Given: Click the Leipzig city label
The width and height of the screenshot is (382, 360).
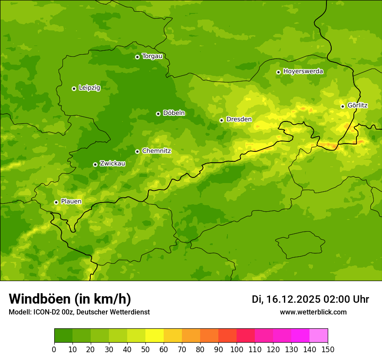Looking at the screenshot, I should (x=89, y=88).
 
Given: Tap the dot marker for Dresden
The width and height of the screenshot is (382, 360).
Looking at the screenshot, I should (x=221, y=120).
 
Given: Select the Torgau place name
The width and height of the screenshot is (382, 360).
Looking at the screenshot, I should (x=152, y=56).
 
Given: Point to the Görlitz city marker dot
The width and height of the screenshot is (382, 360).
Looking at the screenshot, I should (x=342, y=106).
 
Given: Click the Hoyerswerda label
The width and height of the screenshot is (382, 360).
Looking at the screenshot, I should (x=303, y=72).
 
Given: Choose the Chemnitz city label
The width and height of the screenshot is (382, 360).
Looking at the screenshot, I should (x=157, y=151).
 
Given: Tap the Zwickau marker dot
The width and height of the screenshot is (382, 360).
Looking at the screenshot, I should (x=95, y=164).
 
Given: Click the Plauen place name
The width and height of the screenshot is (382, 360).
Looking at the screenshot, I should (x=71, y=202).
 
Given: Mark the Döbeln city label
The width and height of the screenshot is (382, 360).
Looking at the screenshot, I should (x=174, y=113).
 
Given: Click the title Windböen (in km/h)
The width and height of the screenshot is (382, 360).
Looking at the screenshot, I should (x=70, y=299).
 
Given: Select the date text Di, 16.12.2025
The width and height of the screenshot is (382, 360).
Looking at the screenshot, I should (x=286, y=299).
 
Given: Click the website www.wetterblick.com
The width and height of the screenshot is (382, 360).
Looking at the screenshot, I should (x=313, y=312).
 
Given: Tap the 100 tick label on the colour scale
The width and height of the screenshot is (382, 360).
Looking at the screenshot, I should (x=237, y=350).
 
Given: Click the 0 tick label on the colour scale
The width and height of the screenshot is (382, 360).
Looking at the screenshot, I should (x=54, y=350).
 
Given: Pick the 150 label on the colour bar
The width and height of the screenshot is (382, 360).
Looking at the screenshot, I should (x=328, y=350).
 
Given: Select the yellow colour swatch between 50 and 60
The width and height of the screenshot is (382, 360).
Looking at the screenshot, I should (x=155, y=336).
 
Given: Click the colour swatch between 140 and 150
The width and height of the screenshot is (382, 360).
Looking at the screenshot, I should (x=319, y=336).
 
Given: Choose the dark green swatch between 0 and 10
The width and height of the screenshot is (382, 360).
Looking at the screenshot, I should (x=63, y=336).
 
